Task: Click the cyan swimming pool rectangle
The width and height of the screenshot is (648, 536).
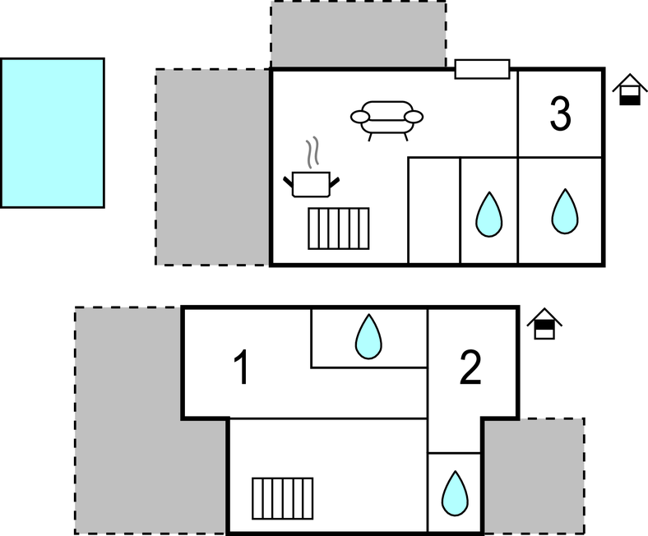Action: pos(53,132)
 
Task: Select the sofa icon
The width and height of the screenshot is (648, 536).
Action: pos(387,118)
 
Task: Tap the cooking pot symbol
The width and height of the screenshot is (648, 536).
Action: pos(312,183)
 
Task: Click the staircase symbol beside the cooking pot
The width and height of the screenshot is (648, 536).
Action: pos(338,228)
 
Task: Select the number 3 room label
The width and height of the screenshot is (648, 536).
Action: pos(560,114)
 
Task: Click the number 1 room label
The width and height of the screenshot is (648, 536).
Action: pos(241,367)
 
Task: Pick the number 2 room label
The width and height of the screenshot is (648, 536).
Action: pos(470,368)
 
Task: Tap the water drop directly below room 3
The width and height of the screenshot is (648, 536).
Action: pos(564,211)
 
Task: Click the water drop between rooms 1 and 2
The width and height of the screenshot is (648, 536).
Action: pos(368,337)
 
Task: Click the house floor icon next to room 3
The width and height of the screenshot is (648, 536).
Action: pos(629,90)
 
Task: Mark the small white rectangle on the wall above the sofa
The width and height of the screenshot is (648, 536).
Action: pos(482,69)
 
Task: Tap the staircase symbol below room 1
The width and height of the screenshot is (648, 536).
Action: pos(282,497)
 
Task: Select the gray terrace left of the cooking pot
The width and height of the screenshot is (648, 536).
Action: pos(213,167)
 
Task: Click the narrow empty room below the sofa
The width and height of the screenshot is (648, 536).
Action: pos(434,211)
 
